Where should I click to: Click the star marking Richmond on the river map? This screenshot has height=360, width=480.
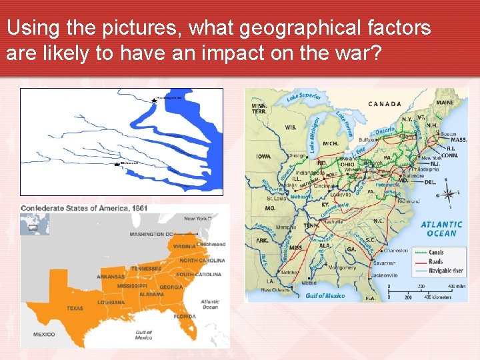pyautogui.click(x=118, y=163)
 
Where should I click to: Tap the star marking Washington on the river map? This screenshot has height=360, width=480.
pyautogui.click(x=155, y=99)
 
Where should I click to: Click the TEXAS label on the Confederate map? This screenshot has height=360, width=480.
pyautogui.click(x=75, y=308)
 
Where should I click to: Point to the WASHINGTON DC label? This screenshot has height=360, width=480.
pyautogui.click(x=151, y=235)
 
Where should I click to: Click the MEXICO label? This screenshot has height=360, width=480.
pyautogui.click(x=44, y=333)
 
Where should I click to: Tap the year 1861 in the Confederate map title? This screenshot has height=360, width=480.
pyautogui.click(x=139, y=209)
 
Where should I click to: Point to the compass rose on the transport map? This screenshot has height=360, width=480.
pyautogui.click(x=448, y=194)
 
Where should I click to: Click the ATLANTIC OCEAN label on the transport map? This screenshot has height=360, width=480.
pyautogui.click(x=441, y=229)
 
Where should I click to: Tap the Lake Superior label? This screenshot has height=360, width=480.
pyautogui.click(x=303, y=97)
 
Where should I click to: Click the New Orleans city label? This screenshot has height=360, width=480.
pyautogui.click(x=274, y=290)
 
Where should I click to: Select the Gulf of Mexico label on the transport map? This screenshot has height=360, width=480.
pyautogui.click(x=325, y=296)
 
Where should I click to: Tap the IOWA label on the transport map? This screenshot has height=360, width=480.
pyautogui.click(x=263, y=157)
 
